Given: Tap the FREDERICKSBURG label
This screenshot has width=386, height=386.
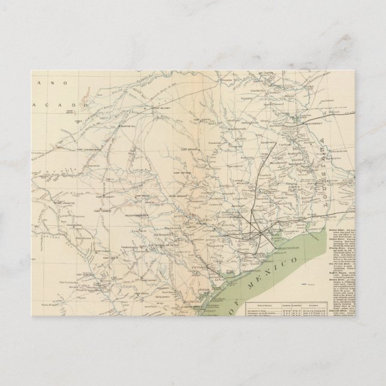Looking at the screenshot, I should coord(136,215).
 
